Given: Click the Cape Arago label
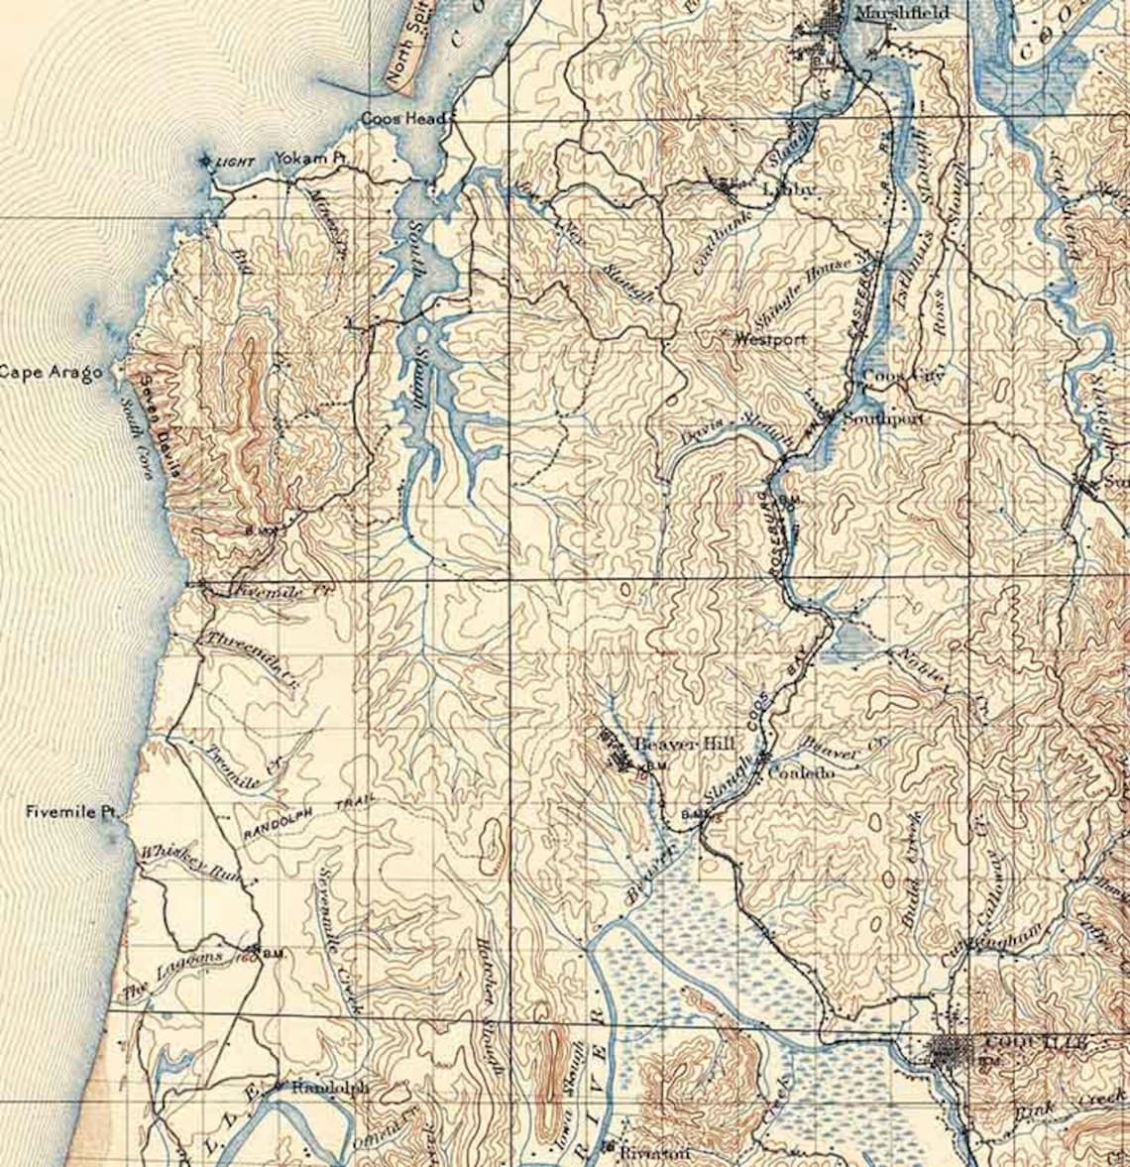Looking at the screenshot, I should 51,373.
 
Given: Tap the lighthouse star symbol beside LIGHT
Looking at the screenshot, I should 206,161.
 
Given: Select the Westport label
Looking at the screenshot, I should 769,339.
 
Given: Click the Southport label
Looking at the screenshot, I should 884,419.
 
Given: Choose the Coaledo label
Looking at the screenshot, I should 802,771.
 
